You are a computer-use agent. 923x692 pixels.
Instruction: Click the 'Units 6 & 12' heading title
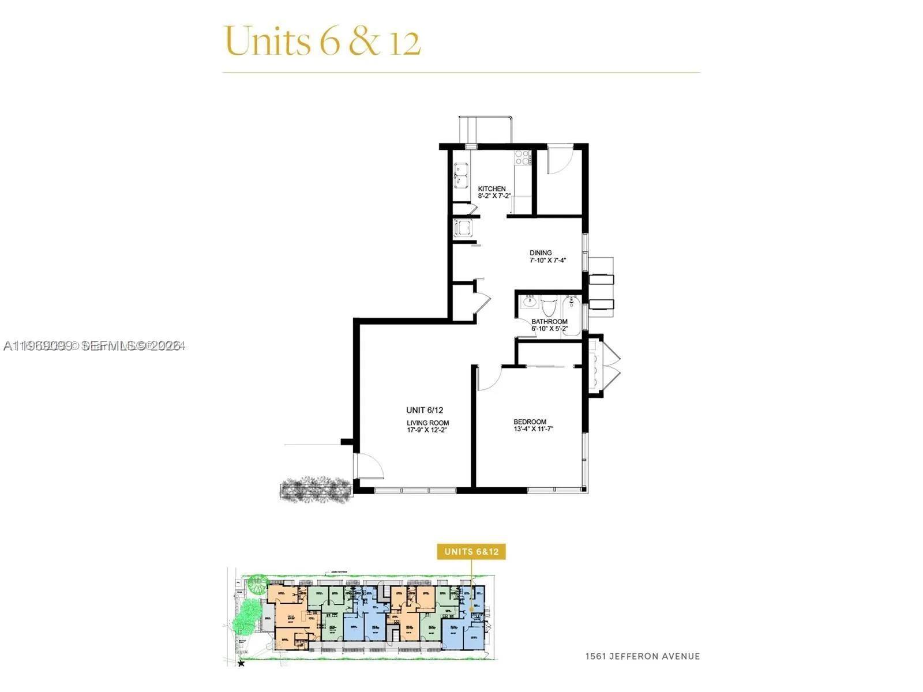coord(322,41)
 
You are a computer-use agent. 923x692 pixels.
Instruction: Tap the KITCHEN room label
coord(491,189)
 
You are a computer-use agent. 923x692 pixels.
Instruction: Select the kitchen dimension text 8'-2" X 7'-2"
coord(494,196)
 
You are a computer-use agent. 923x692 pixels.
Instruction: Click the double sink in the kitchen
coord(461,175)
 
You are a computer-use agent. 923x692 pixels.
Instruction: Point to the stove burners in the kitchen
coord(521,157)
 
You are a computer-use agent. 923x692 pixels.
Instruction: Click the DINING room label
coord(541,253)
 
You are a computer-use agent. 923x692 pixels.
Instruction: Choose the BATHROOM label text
coord(549,321)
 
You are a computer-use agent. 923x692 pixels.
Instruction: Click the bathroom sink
coord(529,302)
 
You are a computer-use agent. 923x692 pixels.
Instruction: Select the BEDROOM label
coord(530,422)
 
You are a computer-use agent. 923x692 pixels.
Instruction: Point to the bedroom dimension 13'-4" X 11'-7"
coord(533,429)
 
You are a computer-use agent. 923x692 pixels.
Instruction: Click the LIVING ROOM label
coord(427,423)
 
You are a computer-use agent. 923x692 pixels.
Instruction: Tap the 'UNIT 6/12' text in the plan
coord(425,410)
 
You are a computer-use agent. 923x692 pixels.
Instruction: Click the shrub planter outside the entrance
coord(316,490)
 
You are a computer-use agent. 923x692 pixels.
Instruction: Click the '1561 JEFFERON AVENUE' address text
coord(642,656)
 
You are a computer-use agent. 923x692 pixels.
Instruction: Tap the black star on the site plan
coord(241,664)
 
